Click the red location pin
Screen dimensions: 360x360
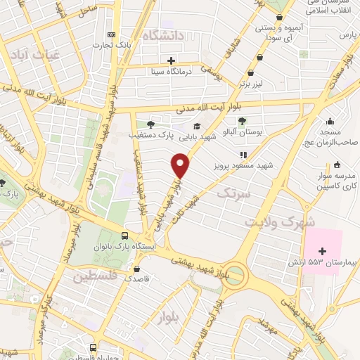click(x=181, y=166)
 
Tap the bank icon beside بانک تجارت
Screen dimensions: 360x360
click(x=110, y=35)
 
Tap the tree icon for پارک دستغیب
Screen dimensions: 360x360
click(x=150, y=123)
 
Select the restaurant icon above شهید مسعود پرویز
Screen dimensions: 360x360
click(x=243, y=155)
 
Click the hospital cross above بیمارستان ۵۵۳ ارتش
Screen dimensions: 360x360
click(x=322, y=251)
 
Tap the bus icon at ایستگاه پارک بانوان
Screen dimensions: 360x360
click(x=124, y=236)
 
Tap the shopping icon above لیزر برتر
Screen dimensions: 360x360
click(x=251, y=73)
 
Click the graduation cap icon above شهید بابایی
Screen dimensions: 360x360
click(x=197, y=126)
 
